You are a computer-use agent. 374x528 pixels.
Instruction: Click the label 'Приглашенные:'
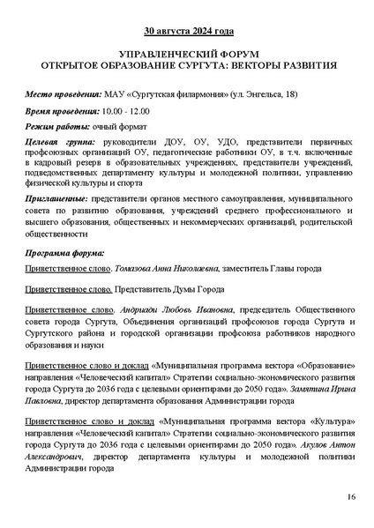[57, 202]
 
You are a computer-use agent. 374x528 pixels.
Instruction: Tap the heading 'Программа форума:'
[66, 253]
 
